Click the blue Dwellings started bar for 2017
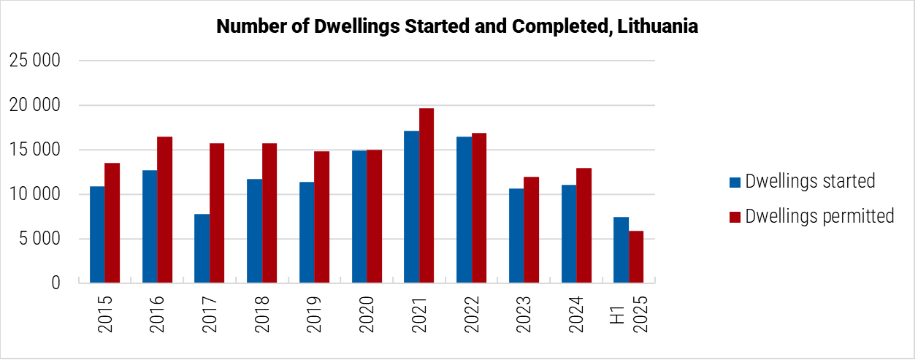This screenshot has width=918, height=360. click(x=202, y=248)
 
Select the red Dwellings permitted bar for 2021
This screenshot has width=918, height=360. click(x=426, y=196)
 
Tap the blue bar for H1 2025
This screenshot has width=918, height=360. click(x=621, y=250)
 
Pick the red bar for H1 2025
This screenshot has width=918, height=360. click(x=636, y=257)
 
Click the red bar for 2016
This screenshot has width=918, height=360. click(x=164, y=210)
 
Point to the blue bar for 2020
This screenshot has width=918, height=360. click(x=359, y=216)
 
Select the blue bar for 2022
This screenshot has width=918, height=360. click(x=464, y=210)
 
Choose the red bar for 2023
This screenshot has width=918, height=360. click(x=531, y=230)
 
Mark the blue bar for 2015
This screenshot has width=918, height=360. click(x=97, y=234)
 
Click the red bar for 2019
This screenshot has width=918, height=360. click(x=321, y=217)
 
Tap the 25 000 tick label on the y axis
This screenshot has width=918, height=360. click(x=34, y=61)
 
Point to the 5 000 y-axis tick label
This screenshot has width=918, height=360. click(x=38, y=239)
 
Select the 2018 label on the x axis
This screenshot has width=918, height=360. click(x=261, y=314)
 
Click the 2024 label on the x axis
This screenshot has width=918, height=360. click(x=575, y=314)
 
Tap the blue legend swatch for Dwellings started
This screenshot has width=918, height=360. click(x=735, y=181)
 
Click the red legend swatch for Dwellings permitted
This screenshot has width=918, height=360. click(x=735, y=217)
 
